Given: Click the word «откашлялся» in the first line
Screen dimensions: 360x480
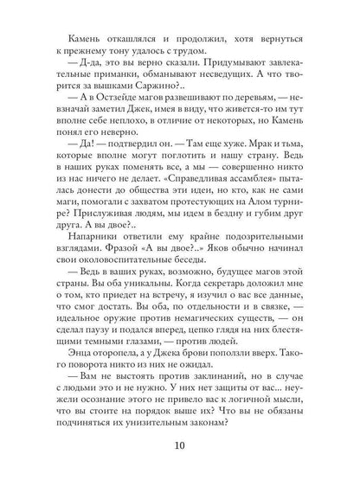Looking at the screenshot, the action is (120, 38).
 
